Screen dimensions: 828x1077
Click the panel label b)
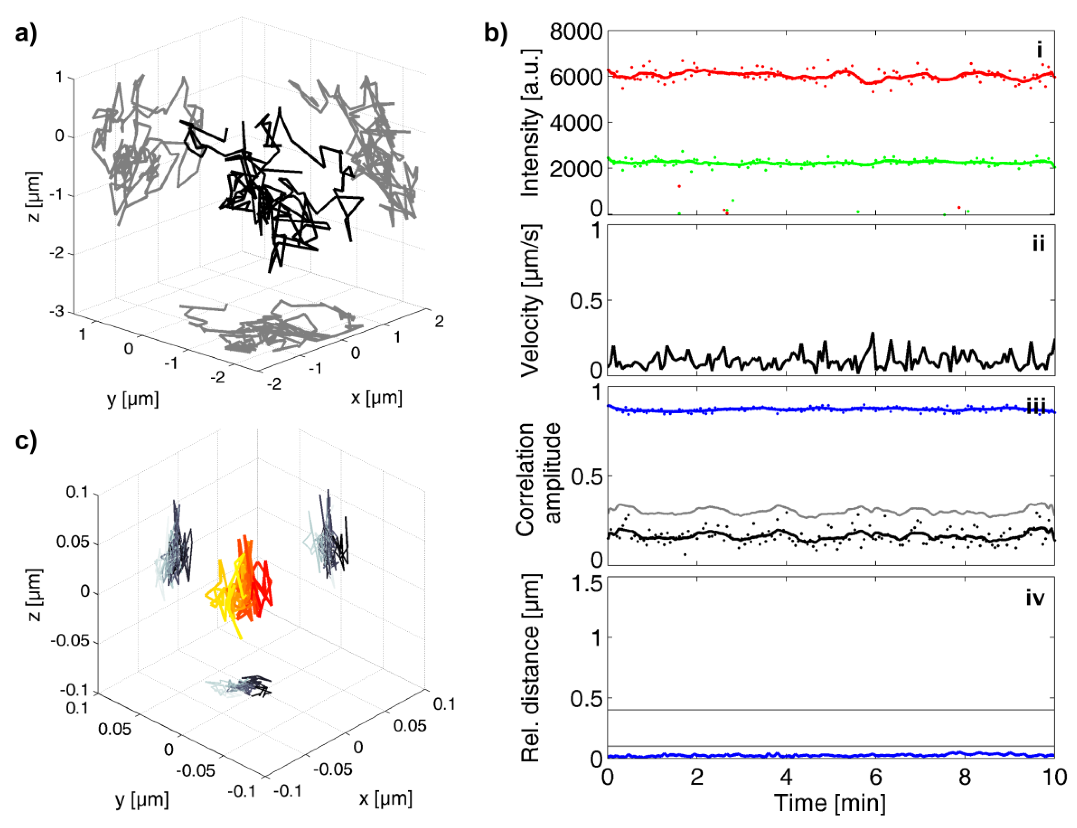point(496,34)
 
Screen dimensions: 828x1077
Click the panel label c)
point(26,441)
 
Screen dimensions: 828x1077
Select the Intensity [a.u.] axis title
point(531,123)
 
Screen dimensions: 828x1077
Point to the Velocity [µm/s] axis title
point(531,301)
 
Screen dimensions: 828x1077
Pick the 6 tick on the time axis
point(876,777)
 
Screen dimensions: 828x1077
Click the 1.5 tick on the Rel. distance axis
point(586,584)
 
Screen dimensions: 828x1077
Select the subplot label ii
point(1038,244)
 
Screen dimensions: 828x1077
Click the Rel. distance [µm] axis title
point(531,668)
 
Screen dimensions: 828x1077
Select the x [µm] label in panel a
point(376,397)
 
